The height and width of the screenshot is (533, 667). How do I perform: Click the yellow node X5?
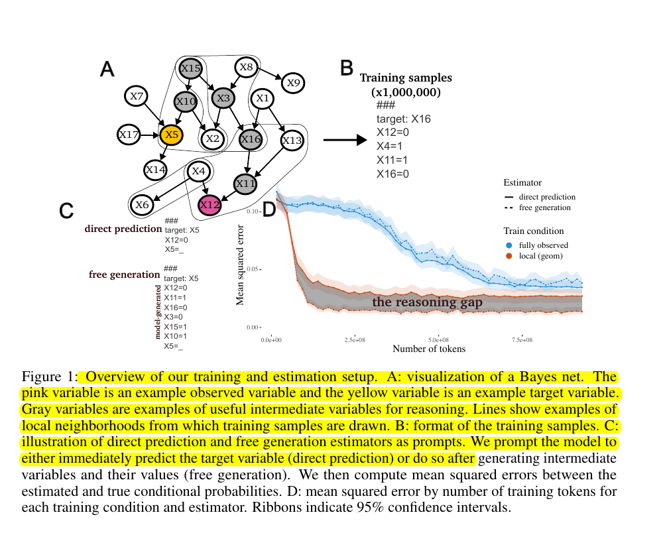point(171,135)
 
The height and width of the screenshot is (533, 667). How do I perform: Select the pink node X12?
point(210,205)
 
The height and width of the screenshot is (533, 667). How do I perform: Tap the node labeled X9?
point(293,83)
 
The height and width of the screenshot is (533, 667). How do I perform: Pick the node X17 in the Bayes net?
point(128,135)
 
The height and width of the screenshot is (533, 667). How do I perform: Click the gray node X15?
point(191,68)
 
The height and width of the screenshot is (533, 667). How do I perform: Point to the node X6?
point(142,205)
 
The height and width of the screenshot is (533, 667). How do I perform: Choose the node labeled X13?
point(292,140)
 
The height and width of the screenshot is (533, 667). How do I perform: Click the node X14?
point(156,170)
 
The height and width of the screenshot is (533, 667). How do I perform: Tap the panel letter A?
point(107,69)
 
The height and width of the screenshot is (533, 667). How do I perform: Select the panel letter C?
point(66,210)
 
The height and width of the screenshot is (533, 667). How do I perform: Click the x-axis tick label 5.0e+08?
point(438,339)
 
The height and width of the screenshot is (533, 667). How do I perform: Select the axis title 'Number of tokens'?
point(429,349)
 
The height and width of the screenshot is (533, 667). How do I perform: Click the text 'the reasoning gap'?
point(427,302)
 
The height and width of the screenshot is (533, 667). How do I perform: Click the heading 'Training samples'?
point(406,78)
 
